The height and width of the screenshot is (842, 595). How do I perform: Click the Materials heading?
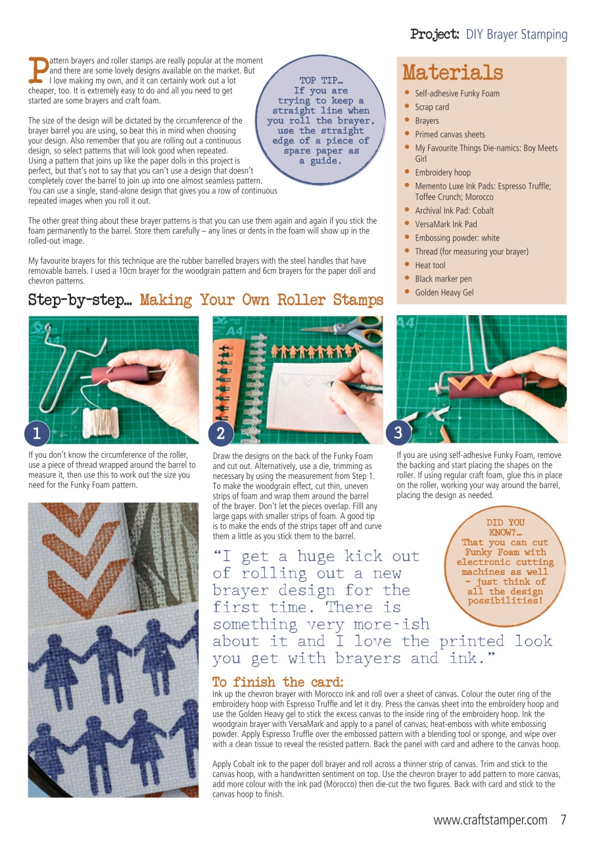[452, 72]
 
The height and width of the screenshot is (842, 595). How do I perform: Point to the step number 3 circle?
[398, 432]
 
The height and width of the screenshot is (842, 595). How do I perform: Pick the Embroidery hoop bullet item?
[442, 172]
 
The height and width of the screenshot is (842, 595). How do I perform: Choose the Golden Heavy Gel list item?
[444, 292]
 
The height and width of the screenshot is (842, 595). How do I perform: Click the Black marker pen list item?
[443, 279]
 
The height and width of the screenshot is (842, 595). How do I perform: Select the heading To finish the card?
[277, 681]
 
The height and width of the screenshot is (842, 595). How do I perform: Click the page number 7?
[563, 820]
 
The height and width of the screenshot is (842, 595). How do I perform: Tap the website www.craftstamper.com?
[490, 820]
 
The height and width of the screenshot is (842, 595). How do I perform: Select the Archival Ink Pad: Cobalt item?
[454, 210]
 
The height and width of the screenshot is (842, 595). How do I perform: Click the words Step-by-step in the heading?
[81, 301]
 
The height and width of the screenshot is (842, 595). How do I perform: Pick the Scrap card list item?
[432, 107]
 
